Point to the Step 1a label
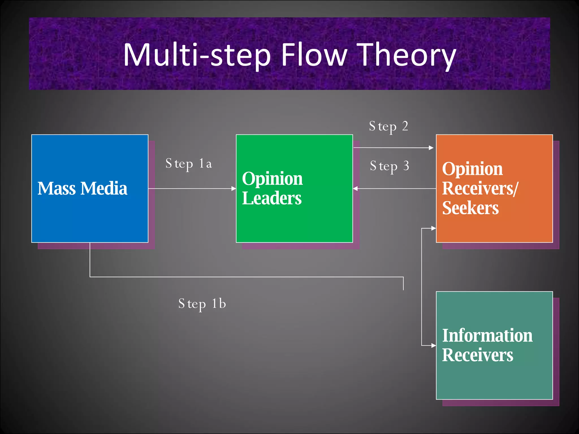pyautogui.click(x=189, y=164)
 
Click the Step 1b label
pyautogui.click(x=202, y=304)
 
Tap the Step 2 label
pyautogui.click(x=388, y=126)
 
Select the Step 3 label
pyautogui.click(x=389, y=166)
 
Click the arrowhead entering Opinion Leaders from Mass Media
pyautogui.click(x=234, y=188)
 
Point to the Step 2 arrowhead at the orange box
pyautogui.click(x=431, y=148)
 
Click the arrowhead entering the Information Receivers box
pyautogui.click(x=433, y=345)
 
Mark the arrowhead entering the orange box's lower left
pyautogui.click(x=433, y=228)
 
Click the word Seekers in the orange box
pyautogui.click(x=470, y=208)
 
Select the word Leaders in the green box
pyautogui.click(x=272, y=198)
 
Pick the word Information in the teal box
pyautogui.click(x=487, y=336)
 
